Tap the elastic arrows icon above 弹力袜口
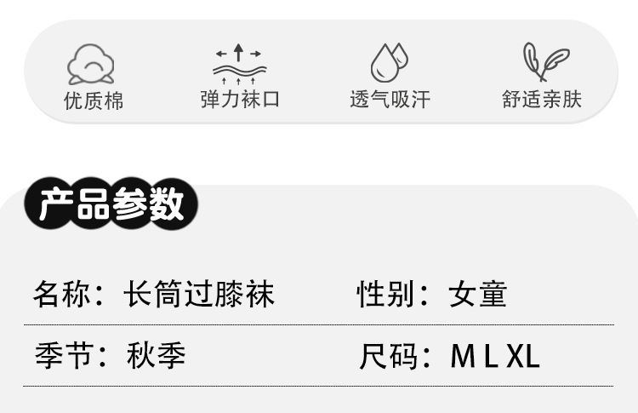pyautogui.click(x=240, y=64)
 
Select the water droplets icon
pyautogui.click(x=389, y=62)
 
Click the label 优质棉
pyautogui.click(x=94, y=100)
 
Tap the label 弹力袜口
pyautogui.click(x=240, y=100)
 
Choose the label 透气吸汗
pyautogui.click(x=390, y=100)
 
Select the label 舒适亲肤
pyautogui.click(x=542, y=100)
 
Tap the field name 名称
pyautogui.click(x=60, y=295)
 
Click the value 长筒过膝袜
pyautogui.click(x=199, y=295)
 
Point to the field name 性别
pyautogui.click(x=384, y=295)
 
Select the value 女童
pyautogui.click(x=478, y=295)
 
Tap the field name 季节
pyautogui.click(x=60, y=355)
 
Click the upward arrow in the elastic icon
pyautogui.click(x=239, y=51)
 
